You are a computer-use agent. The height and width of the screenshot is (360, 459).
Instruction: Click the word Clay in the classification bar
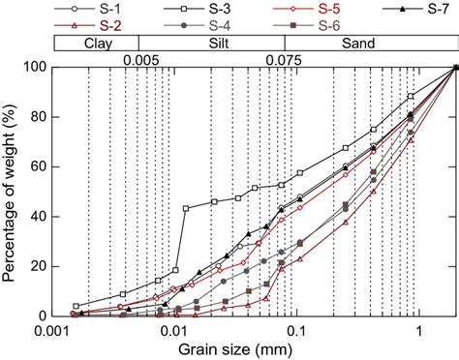click(97, 45)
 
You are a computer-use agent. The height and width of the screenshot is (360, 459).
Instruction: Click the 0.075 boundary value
click(283, 59)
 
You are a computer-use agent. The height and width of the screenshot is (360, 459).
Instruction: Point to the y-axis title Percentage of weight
click(11, 191)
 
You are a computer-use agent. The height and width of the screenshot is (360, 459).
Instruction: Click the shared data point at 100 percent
click(455, 67)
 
